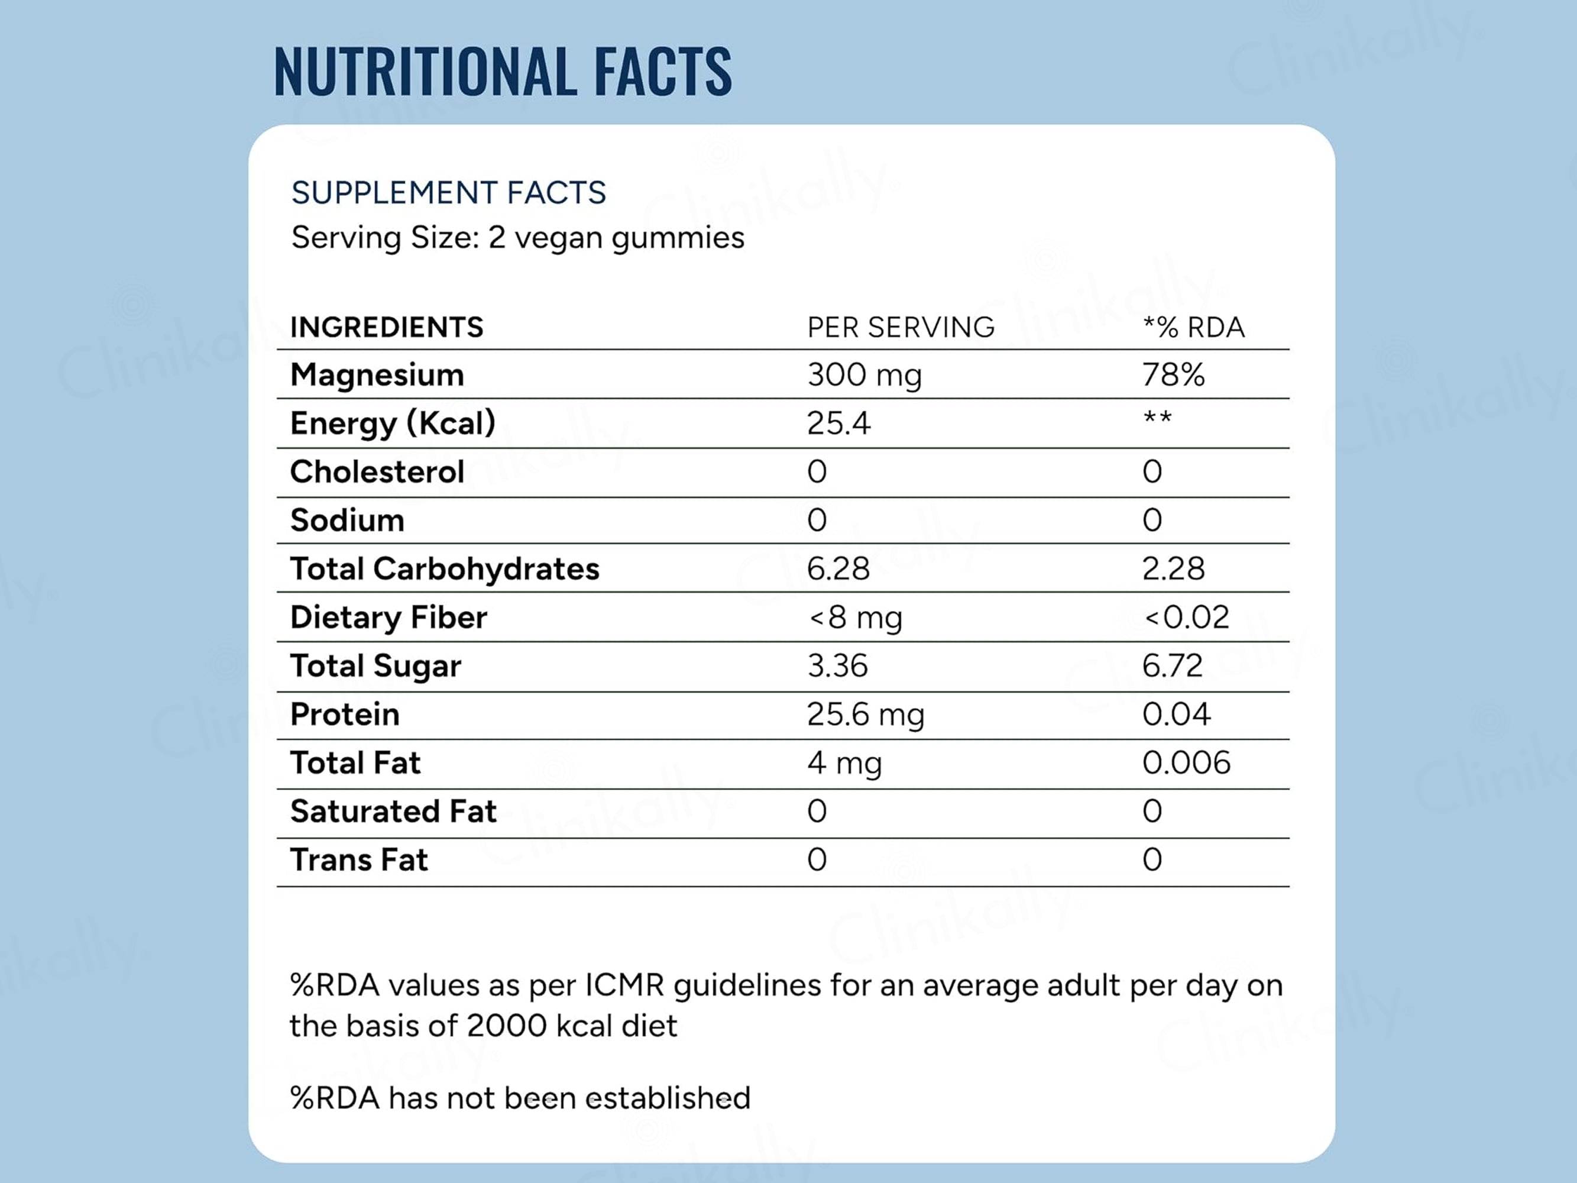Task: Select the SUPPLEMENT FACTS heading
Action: pos(448,192)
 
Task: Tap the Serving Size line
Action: pos(517,237)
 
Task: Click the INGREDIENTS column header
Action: pos(386,327)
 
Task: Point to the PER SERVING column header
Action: pos(901,327)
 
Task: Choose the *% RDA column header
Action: pos(1193,327)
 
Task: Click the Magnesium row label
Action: pos(377,374)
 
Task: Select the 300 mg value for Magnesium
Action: pos(864,375)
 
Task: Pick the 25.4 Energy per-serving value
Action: pos(838,423)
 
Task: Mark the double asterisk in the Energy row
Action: pos(1157,417)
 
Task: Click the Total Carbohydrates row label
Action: pos(444,568)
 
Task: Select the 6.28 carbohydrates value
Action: pos(838,568)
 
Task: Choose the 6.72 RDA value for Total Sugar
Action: pos(1172,665)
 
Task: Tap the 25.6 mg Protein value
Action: pos(866,715)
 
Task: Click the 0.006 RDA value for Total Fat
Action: pos(1186,762)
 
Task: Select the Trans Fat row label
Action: pos(358,860)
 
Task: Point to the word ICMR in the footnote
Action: pos(624,985)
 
